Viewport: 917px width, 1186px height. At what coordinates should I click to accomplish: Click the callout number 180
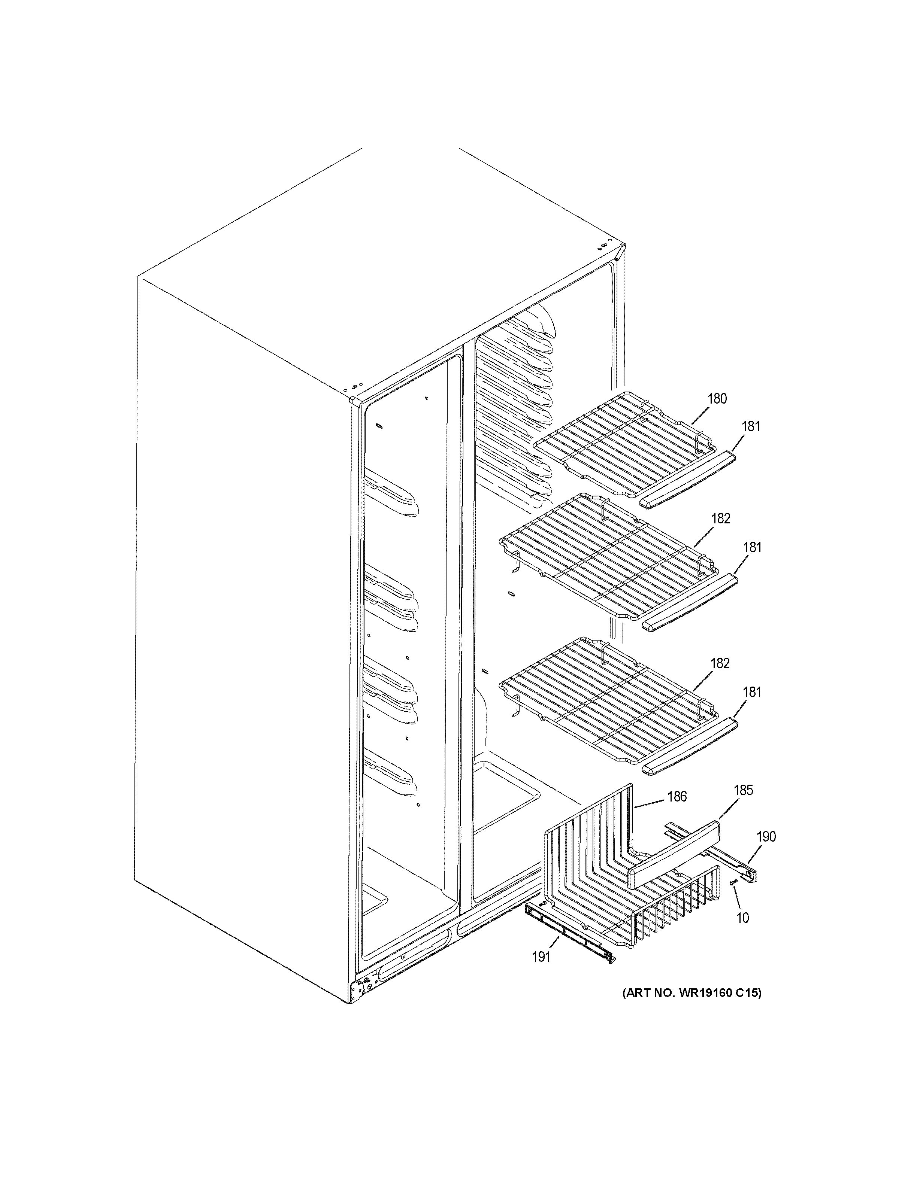[x=717, y=399]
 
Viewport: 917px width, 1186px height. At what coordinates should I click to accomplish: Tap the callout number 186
[x=677, y=797]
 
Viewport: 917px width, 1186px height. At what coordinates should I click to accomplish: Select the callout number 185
[x=743, y=790]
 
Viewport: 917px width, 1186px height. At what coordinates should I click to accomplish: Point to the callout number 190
[x=766, y=837]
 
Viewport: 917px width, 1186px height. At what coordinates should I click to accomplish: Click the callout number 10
[x=742, y=918]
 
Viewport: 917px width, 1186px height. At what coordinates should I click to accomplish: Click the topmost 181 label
[x=751, y=427]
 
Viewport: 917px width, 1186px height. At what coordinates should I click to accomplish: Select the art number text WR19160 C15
[x=691, y=993]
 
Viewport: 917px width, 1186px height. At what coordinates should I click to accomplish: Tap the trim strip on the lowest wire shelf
[x=689, y=747]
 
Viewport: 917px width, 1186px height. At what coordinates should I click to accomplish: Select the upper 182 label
[x=720, y=519]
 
